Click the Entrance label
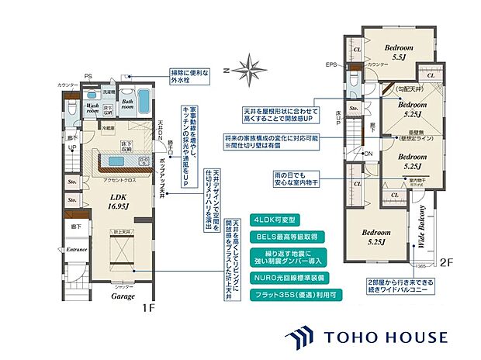point(76,250)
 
